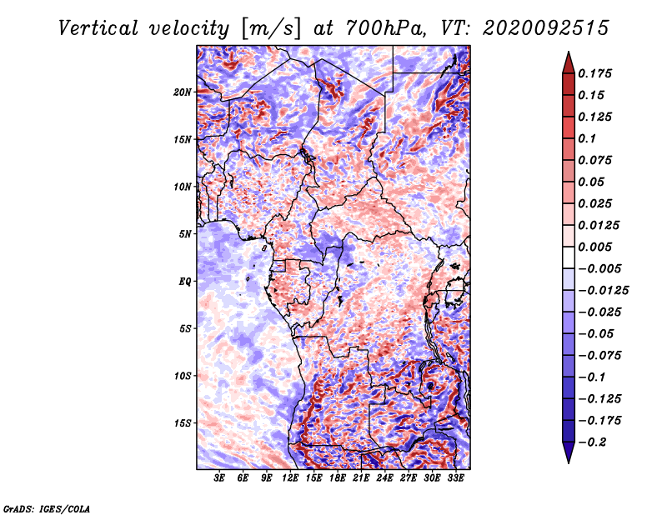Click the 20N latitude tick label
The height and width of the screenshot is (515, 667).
point(183,92)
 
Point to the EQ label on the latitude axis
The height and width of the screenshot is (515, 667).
point(184,282)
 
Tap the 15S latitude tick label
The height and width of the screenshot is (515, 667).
point(183,423)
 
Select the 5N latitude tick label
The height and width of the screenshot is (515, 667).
point(185,234)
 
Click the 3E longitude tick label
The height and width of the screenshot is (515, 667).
point(219,478)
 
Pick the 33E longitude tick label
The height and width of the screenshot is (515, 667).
point(455,478)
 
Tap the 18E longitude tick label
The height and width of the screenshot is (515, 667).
point(338,478)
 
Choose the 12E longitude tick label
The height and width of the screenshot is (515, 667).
point(290,478)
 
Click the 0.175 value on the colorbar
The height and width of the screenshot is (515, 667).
point(594,73)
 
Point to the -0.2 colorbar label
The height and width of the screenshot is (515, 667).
point(592,442)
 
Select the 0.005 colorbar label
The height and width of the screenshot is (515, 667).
point(594,247)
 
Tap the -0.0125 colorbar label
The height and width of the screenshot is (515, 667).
point(603,291)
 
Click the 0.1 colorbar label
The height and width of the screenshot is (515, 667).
point(587,138)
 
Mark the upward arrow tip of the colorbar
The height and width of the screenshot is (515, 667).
point(569,52)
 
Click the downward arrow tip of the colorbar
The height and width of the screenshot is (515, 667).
point(569,462)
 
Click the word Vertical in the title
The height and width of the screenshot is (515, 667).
point(98,28)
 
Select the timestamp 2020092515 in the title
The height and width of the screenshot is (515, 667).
point(546,28)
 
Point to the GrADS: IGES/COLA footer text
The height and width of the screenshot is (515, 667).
point(47,508)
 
